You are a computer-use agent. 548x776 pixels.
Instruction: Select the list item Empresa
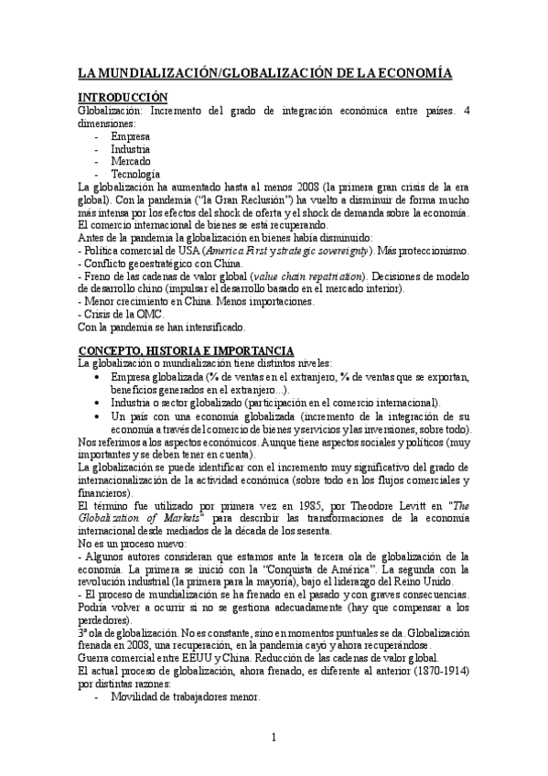coord(130,135)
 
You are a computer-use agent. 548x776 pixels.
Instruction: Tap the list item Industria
coord(131,148)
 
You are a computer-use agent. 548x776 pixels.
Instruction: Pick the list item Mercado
coord(131,161)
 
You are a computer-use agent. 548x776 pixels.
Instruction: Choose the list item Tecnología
coord(135,174)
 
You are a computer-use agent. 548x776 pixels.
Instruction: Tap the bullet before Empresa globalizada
coord(98,377)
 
